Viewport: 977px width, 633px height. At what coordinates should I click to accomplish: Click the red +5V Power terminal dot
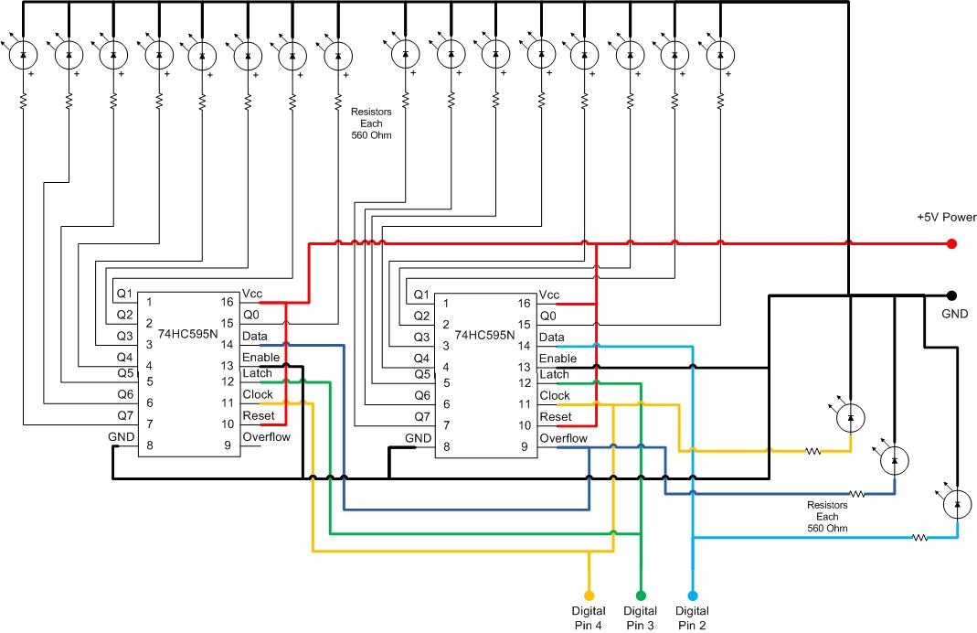951,244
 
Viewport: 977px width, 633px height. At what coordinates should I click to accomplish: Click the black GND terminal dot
951,295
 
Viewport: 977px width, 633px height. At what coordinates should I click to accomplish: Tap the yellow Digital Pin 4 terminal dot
589,595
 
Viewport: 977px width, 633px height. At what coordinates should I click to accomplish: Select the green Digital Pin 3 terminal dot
641,595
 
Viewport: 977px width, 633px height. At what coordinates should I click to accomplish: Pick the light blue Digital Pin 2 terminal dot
692,595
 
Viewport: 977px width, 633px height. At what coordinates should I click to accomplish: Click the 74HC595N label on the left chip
187,334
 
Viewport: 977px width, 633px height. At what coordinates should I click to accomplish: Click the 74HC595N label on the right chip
484,335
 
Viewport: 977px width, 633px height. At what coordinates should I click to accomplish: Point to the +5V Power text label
947,217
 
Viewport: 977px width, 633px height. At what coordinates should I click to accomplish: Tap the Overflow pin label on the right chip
563,438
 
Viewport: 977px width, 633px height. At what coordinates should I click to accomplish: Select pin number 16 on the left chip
227,302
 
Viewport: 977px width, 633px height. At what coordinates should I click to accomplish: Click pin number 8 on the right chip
446,446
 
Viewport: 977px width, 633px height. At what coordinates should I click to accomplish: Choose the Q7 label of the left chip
125,415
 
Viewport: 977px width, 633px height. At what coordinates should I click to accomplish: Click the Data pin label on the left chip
255,336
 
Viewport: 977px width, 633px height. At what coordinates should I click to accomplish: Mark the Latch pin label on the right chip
554,374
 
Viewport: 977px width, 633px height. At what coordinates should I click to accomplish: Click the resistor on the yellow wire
813,451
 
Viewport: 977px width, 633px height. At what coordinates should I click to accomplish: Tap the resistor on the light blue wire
919,537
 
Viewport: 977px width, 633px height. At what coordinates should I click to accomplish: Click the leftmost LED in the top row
24,55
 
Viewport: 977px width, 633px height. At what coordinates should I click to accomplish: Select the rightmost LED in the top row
720,55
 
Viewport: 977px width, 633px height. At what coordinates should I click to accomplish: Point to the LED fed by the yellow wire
851,418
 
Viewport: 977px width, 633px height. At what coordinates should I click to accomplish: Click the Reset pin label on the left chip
259,415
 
